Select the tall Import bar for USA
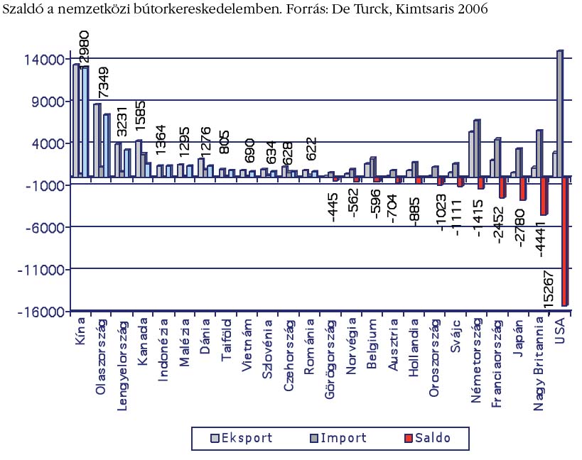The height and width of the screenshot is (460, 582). point(560,114)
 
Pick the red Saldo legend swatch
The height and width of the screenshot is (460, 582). point(407,438)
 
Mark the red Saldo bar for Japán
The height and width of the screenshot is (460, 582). point(523,189)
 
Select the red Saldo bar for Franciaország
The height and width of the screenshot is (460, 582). point(502,187)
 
